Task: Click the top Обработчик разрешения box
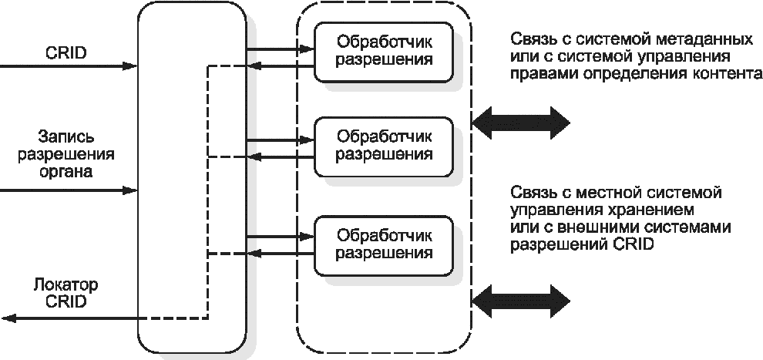384,52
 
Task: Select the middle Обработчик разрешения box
384,146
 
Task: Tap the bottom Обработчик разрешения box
384,246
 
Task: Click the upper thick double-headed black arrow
521,122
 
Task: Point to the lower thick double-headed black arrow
521,301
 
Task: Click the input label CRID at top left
66,52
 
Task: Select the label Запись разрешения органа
66,154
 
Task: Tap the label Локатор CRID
66,293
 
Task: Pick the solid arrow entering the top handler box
281,49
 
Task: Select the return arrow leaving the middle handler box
281,156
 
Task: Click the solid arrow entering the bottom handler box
281,237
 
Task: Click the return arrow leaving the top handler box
281,66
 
